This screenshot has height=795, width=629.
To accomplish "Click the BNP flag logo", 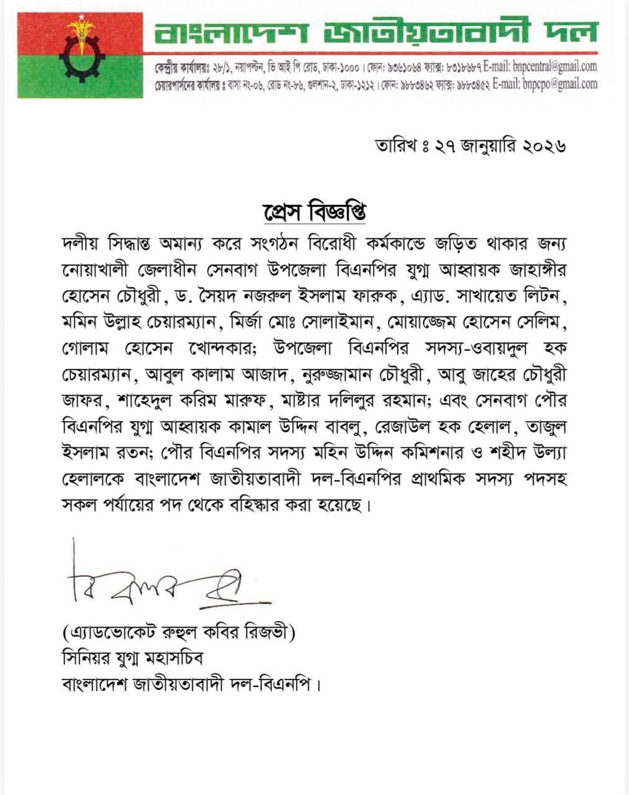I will (79, 55).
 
